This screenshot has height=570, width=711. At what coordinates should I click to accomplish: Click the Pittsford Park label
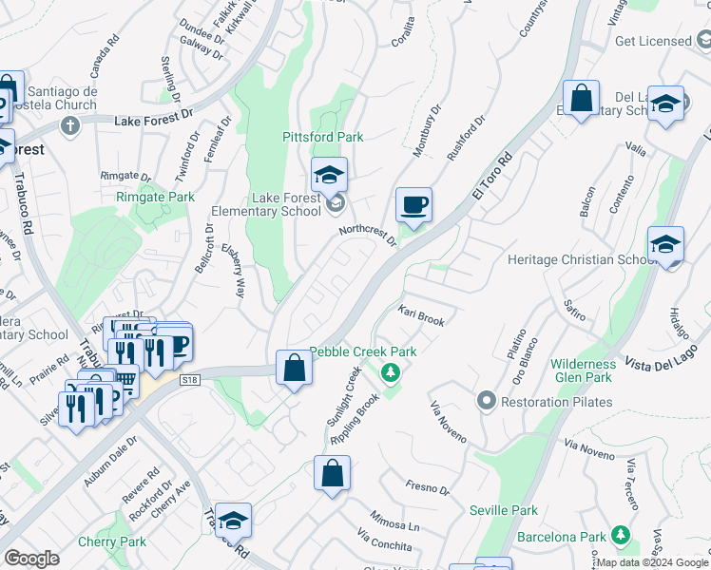(323, 138)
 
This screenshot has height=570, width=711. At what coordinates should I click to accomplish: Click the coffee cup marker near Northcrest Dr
(413, 205)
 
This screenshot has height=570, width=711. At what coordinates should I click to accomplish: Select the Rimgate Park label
(155, 197)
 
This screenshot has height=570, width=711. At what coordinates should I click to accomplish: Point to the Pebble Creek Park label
(363, 351)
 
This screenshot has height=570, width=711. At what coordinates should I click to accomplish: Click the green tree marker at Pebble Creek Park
(389, 371)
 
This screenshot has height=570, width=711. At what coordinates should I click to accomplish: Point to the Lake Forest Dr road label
(153, 122)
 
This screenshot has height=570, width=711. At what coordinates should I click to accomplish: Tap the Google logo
(31, 559)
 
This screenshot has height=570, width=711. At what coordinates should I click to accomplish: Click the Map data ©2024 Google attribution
(652, 562)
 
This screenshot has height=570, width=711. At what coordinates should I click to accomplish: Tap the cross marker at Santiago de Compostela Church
(69, 125)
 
